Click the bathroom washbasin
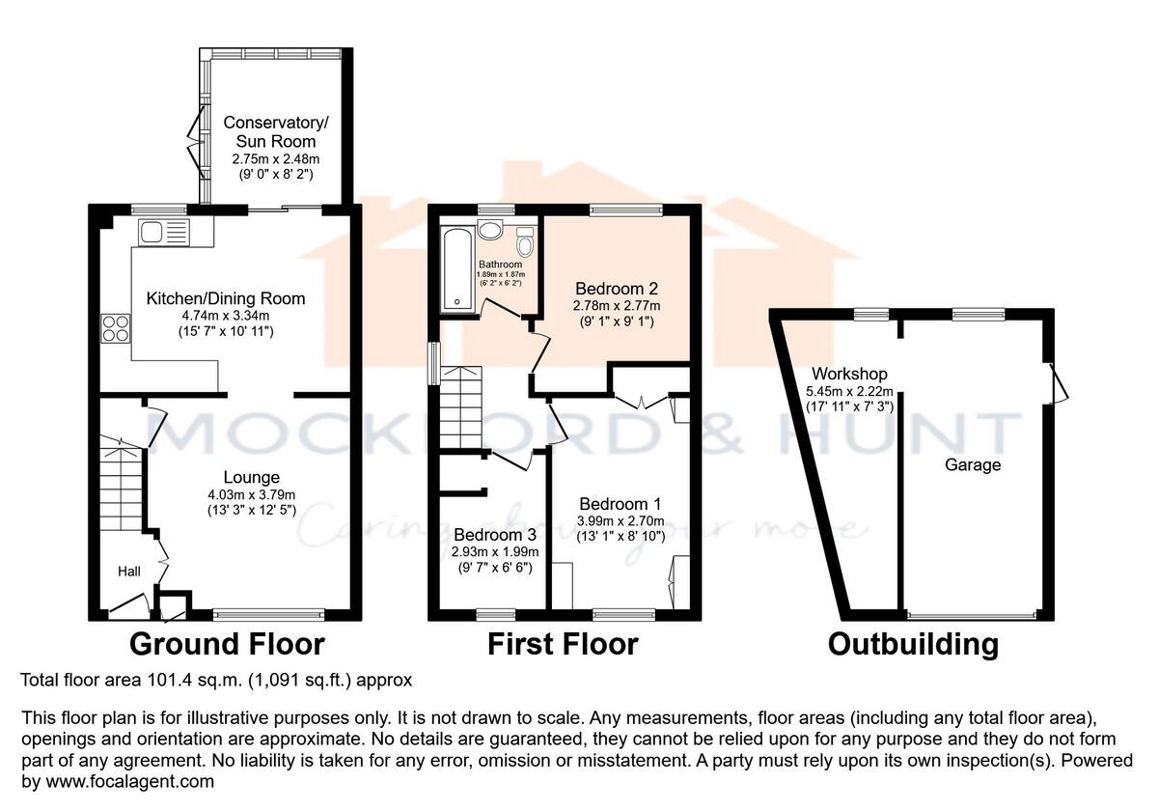click(490, 230)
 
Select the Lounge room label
click(251, 477)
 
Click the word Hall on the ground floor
click(130, 572)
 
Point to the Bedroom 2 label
click(616, 288)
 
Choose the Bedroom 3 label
click(494, 535)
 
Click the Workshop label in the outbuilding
click(849, 374)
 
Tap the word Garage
click(973, 464)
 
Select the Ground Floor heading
click(227, 644)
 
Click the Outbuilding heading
click(913, 644)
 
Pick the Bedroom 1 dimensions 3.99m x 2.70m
click(621, 521)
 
